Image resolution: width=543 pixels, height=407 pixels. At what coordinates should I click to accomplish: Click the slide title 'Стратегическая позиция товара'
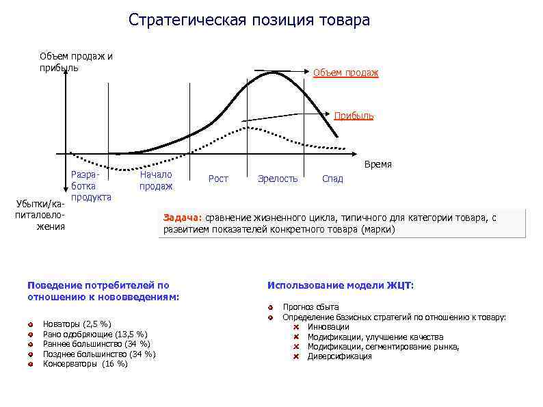(x=249, y=20)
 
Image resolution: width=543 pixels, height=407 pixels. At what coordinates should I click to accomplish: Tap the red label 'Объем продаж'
(x=345, y=73)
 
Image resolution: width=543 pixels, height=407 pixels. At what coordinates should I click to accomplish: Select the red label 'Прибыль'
(x=354, y=116)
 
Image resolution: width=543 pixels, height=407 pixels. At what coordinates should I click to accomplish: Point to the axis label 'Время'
(x=378, y=165)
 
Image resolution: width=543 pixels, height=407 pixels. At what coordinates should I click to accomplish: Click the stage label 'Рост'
(x=218, y=179)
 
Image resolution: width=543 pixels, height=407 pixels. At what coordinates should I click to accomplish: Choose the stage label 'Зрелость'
(x=278, y=179)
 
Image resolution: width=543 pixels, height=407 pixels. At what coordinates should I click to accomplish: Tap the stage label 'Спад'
(x=332, y=179)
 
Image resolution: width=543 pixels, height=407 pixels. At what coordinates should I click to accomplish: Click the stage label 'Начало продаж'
(x=156, y=180)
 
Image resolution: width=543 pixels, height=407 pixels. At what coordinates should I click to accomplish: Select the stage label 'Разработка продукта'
(x=91, y=185)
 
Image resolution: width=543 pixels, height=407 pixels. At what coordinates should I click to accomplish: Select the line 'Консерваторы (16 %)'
(x=85, y=364)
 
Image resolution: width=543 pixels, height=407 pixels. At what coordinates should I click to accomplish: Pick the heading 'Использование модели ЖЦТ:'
(x=341, y=285)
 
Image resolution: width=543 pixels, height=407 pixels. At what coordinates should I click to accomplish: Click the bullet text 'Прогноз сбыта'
(x=310, y=307)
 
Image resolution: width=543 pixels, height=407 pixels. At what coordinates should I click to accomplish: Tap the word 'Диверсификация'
(x=339, y=356)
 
